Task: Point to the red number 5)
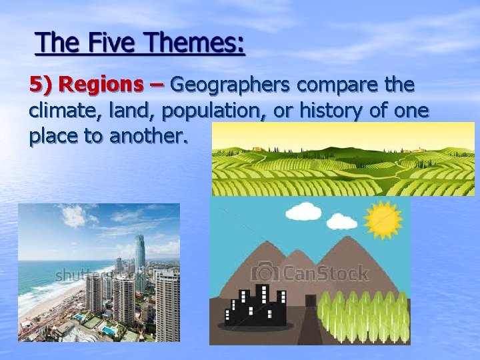pyautogui.click(x=41, y=85)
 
